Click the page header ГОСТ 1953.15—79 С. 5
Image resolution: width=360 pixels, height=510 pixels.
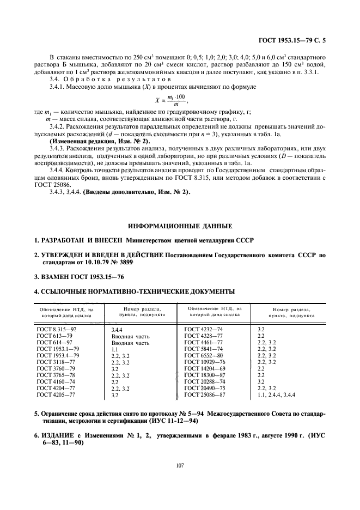tap(294, 40)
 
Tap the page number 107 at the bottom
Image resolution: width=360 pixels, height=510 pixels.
tap(180, 464)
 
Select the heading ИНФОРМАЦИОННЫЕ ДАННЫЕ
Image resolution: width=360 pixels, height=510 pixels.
tap(180, 226)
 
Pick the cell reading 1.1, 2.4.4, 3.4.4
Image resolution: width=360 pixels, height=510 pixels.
tap(276, 394)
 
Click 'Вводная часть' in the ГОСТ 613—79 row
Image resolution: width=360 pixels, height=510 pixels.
tap(130, 336)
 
